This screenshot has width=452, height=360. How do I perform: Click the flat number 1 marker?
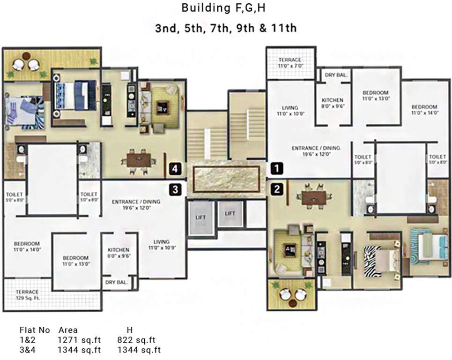[277, 168]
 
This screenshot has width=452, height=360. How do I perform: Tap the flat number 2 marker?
[277, 189]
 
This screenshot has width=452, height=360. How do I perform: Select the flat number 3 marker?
[176, 189]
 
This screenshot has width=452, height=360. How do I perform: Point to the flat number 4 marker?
[176, 168]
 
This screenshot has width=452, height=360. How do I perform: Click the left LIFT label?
[200, 217]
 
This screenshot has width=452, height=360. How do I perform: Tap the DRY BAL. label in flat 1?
[336, 75]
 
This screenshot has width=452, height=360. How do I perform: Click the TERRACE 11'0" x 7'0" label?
[290, 63]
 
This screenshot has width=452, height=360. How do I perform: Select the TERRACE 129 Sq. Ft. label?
[28, 295]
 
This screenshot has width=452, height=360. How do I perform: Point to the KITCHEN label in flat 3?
[119, 250]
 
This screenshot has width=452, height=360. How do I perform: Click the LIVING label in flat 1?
[290, 108]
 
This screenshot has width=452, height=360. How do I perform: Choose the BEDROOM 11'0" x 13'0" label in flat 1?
[376, 96]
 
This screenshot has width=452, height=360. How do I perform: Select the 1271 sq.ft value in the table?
[79, 340]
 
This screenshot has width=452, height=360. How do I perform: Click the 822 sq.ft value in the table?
[136, 340]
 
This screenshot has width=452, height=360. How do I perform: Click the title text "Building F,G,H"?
[223, 8]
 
